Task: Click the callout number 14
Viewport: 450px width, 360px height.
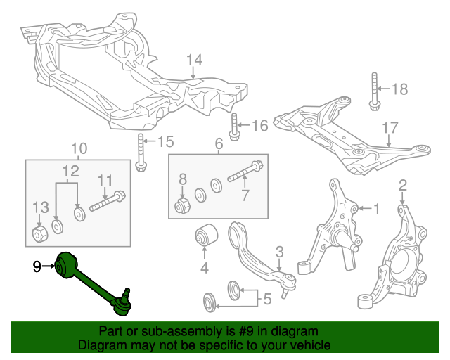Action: coord(194,59)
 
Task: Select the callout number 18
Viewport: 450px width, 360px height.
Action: coord(399,89)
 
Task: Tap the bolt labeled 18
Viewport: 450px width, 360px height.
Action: coord(374,91)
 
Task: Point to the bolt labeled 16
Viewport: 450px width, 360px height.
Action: coord(234,127)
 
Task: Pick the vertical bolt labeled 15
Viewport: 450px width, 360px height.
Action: coord(141,150)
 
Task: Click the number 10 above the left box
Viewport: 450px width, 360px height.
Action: coord(79,148)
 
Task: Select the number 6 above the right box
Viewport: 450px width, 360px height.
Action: coord(218,144)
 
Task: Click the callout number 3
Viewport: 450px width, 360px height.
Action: coord(279,251)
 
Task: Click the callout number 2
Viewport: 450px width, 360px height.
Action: coord(403,186)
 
